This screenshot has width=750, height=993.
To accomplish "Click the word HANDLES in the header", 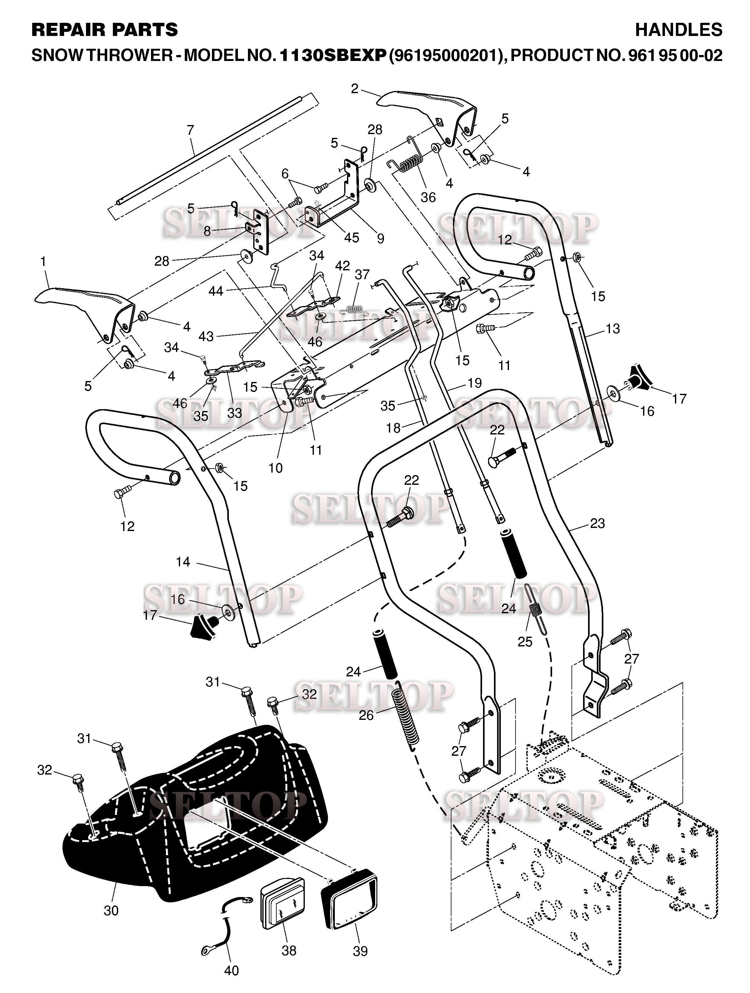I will coord(678,30).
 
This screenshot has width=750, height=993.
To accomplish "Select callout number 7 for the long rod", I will coord(190,130).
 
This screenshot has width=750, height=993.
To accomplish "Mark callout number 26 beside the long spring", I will coord(366,715).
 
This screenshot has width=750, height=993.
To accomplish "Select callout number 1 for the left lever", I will coord(43,261).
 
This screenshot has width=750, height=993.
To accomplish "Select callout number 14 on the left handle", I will coord(183,562).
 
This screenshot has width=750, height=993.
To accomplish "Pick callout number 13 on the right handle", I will coord(612,328).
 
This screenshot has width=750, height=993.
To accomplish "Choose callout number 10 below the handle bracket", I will coord(275,468).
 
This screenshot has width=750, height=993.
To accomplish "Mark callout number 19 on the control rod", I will coord(474,383).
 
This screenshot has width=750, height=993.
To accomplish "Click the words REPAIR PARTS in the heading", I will coord(105,30).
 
